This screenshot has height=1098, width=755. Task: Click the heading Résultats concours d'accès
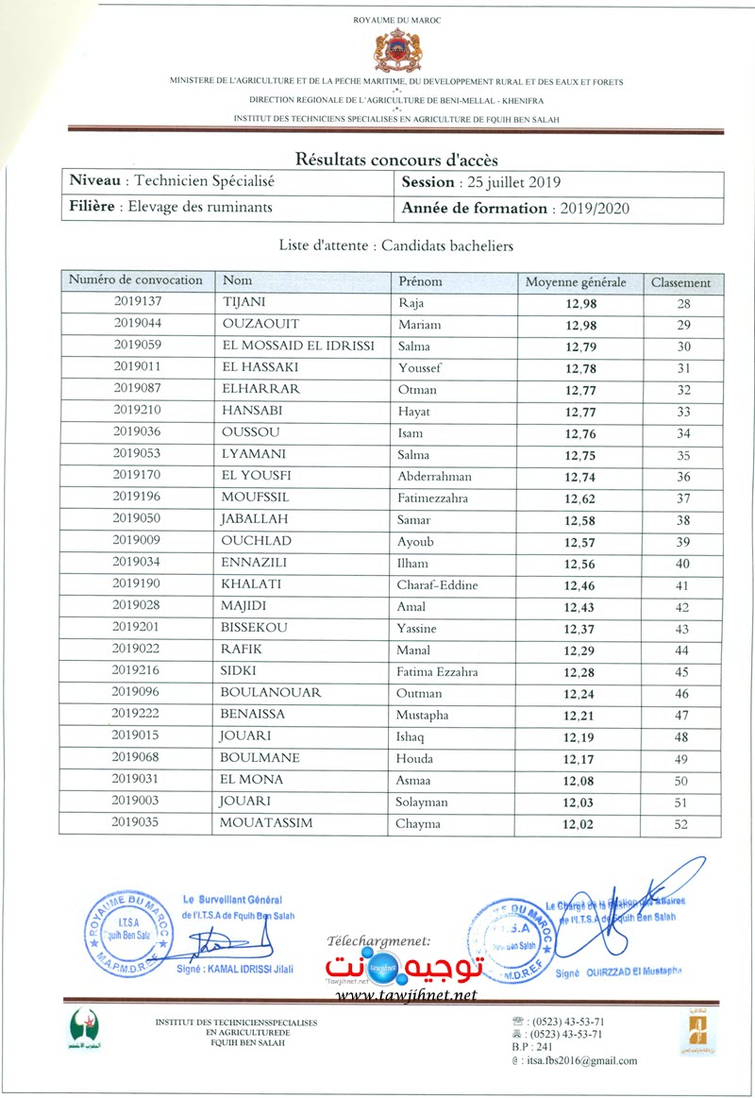point(396,160)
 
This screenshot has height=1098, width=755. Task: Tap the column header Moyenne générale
point(576,282)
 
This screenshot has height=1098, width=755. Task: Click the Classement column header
point(680,282)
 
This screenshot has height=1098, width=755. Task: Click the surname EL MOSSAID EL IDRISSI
point(297,346)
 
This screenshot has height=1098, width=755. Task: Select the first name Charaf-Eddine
point(438,585)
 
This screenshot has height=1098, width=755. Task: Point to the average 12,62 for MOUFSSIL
point(580,498)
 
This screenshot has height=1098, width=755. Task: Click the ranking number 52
point(683,824)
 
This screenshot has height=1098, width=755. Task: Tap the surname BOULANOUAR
point(271,693)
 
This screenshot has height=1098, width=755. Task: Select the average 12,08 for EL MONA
point(580,781)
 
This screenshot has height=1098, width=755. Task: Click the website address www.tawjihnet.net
point(406,995)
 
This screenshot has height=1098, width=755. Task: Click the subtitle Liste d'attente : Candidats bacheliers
point(395,245)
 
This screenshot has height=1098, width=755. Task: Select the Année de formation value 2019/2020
point(594,209)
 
